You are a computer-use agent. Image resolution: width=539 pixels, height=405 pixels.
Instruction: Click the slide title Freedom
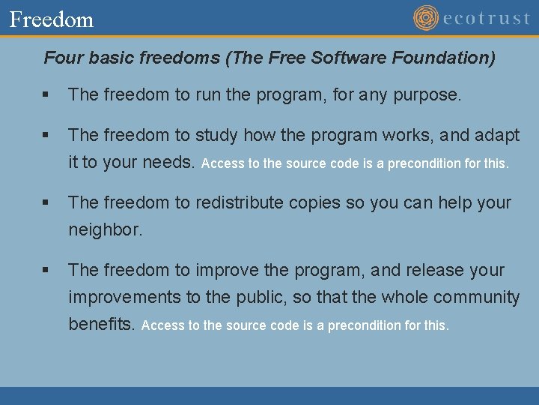52,19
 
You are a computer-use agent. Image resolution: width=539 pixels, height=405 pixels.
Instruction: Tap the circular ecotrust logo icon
426,18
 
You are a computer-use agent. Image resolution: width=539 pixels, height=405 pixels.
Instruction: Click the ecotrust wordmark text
487,19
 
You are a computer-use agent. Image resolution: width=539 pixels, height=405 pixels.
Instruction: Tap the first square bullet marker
46,96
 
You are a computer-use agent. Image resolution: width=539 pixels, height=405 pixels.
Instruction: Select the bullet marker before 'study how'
46,136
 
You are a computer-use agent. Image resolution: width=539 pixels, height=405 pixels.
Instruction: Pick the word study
216,135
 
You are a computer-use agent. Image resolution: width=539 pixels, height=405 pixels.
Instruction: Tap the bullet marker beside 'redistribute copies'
46,203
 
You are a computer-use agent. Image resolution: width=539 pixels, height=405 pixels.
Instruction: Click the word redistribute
248,202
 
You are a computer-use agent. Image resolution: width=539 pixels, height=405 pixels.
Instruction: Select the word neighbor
104,230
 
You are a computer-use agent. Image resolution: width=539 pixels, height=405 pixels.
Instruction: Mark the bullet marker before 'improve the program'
46,271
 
